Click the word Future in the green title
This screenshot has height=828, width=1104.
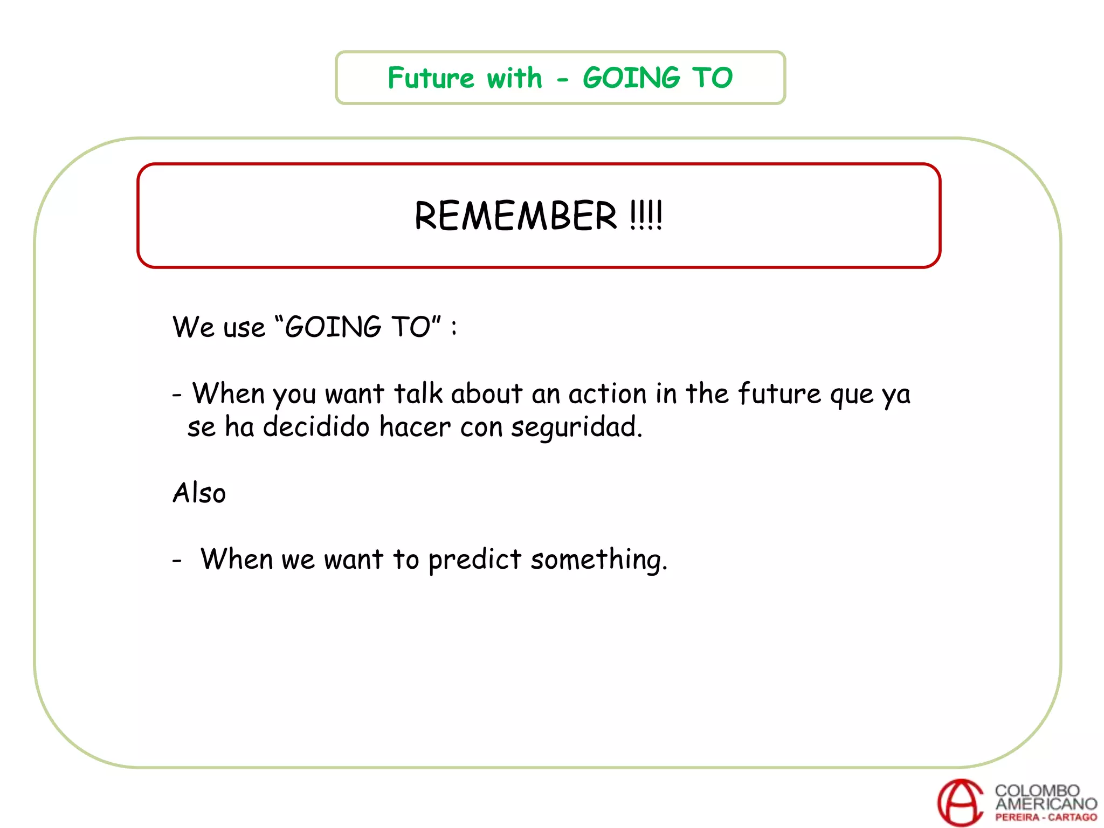click(431, 78)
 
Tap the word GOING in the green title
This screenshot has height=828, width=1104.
click(631, 78)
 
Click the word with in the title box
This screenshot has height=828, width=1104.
click(514, 78)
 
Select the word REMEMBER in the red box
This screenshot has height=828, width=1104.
click(515, 216)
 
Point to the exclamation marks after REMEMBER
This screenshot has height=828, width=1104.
click(646, 216)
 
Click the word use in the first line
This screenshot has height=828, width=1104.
click(244, 328)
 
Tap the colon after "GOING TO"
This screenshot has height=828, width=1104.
click(454, 328)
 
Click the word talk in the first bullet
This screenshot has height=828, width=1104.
click(418, 394)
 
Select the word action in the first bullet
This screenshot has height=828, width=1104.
click(607, 394)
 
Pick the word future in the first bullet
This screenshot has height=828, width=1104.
click(779, 394)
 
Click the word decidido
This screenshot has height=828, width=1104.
click(316, 427)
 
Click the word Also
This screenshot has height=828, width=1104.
click(199, 493)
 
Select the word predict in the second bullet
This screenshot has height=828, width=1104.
click(474, 560)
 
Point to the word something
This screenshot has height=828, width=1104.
click(598, 560)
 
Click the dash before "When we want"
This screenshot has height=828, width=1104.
click(177, 561)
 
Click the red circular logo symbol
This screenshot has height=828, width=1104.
click(961, 802)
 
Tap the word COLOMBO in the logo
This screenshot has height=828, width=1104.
click(1037, 790)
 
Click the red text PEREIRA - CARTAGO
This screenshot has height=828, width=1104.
click(1046, 817)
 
